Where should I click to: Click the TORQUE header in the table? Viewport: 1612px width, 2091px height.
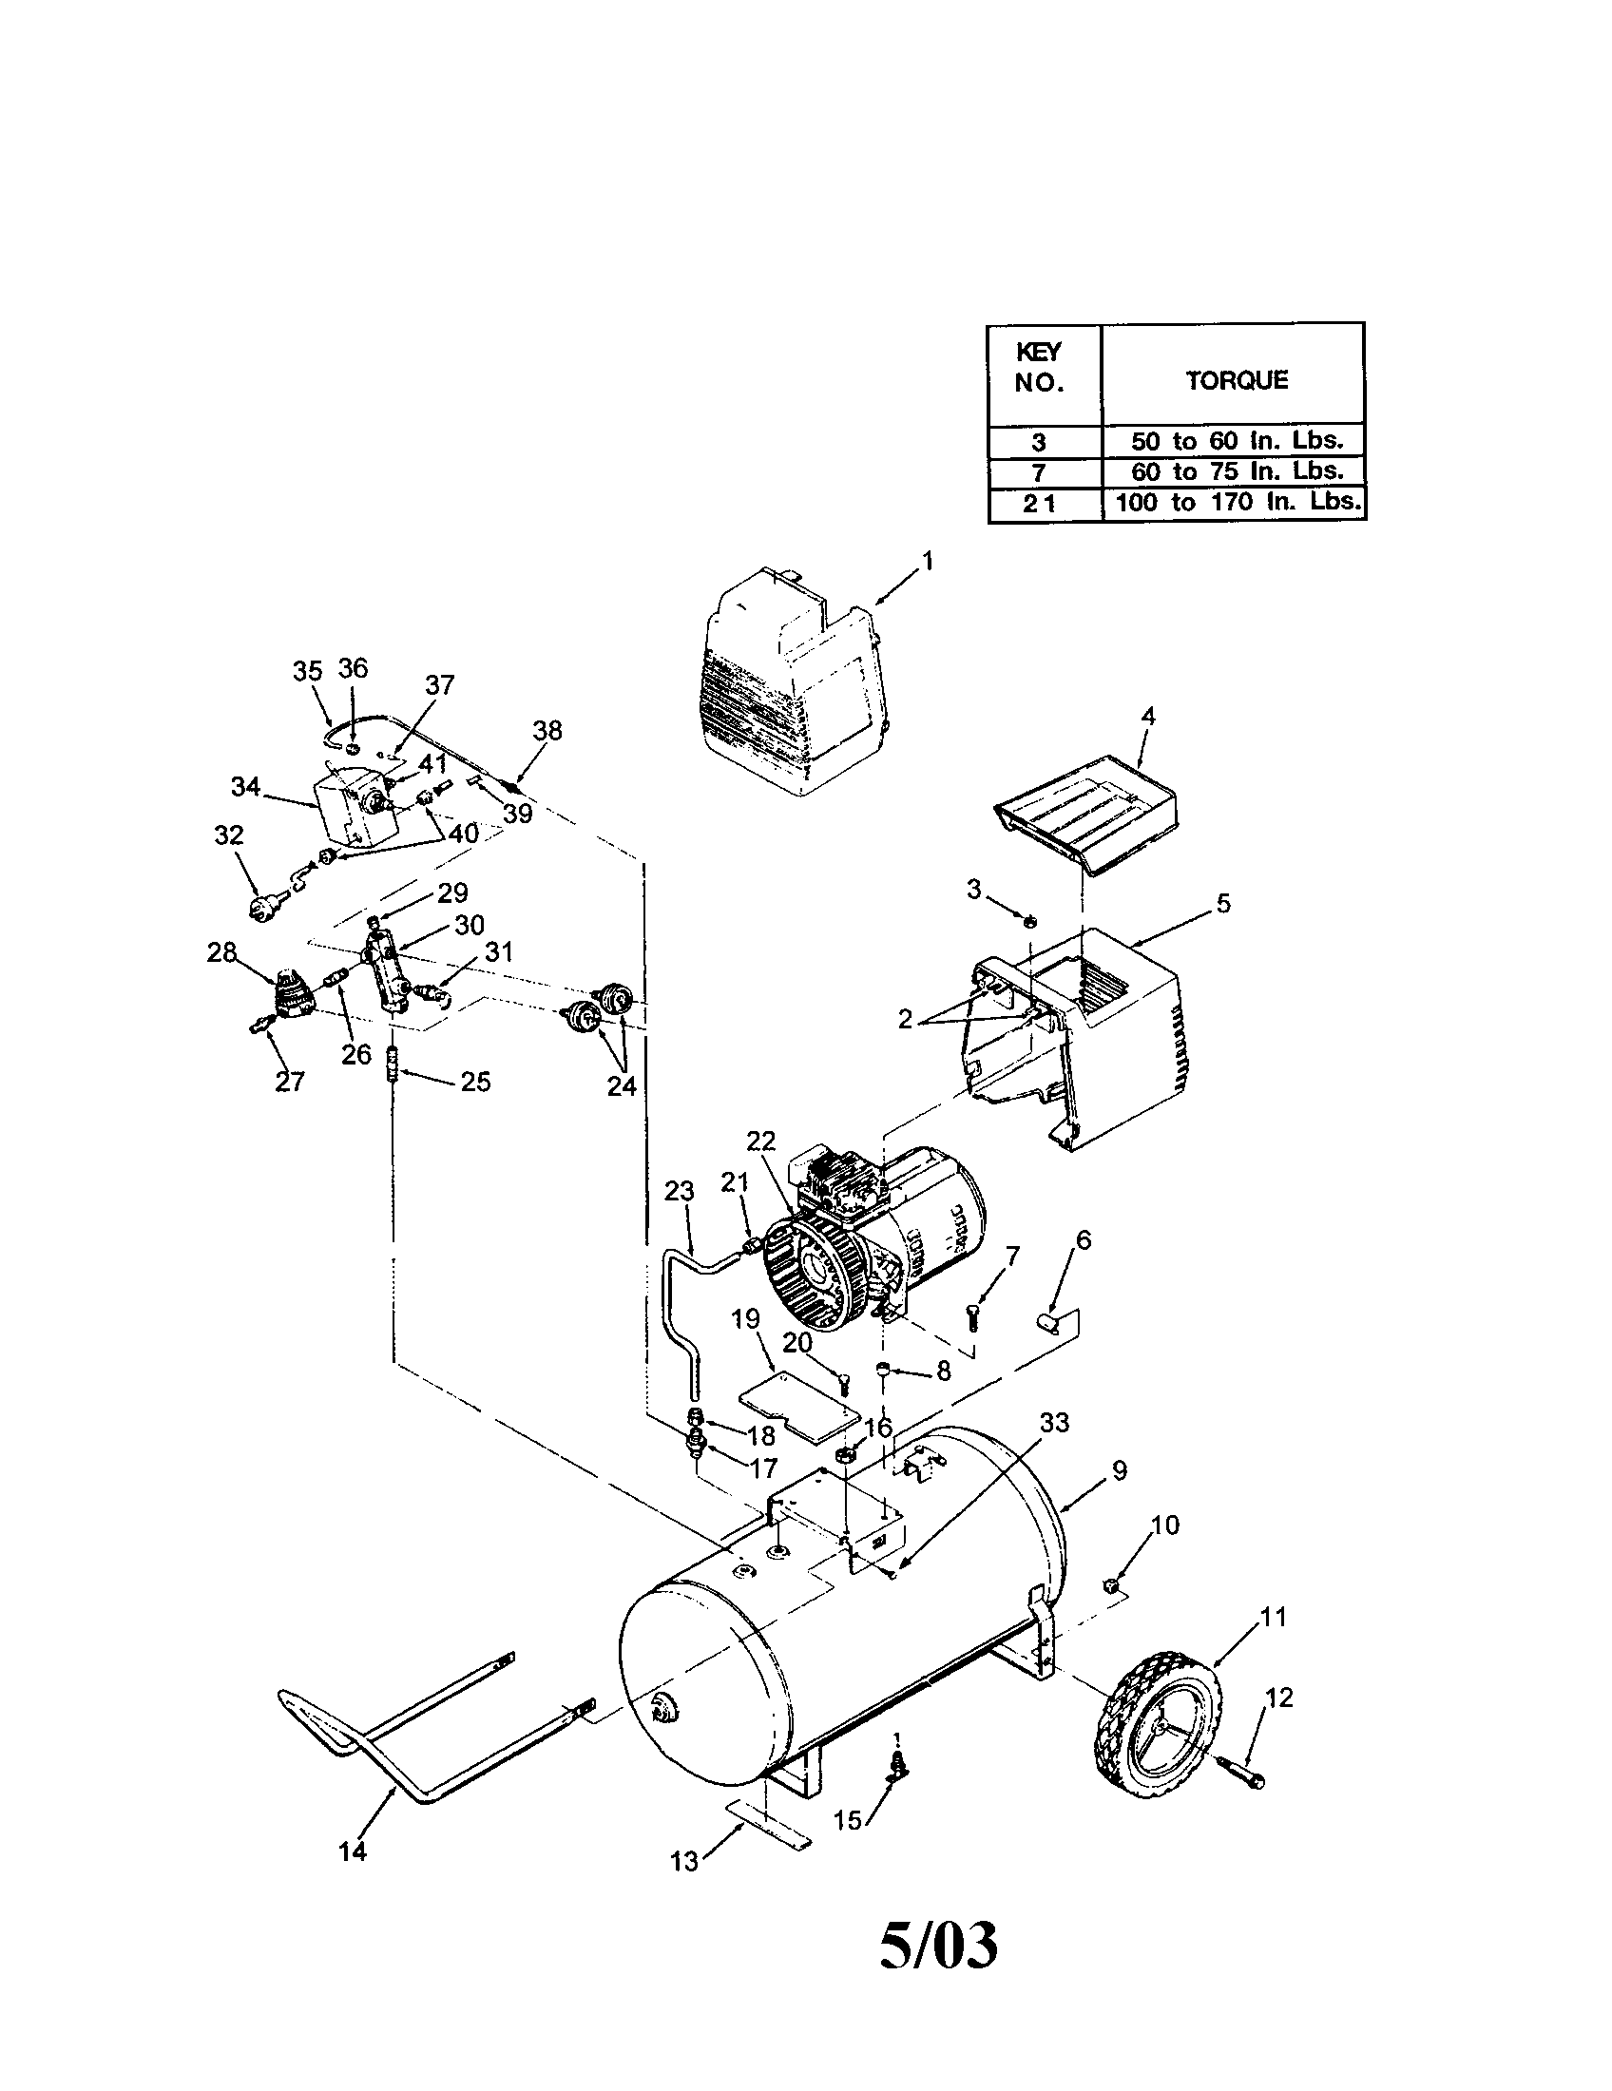1237,380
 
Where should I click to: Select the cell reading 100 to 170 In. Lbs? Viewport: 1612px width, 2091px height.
1237,502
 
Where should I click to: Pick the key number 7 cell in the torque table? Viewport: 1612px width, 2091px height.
1040,472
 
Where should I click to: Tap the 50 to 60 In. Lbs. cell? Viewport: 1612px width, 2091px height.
1237,440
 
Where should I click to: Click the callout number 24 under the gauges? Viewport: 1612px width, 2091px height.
622,1085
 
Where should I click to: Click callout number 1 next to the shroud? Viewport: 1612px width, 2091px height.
927,560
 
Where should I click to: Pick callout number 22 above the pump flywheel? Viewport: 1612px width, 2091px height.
761,1141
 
